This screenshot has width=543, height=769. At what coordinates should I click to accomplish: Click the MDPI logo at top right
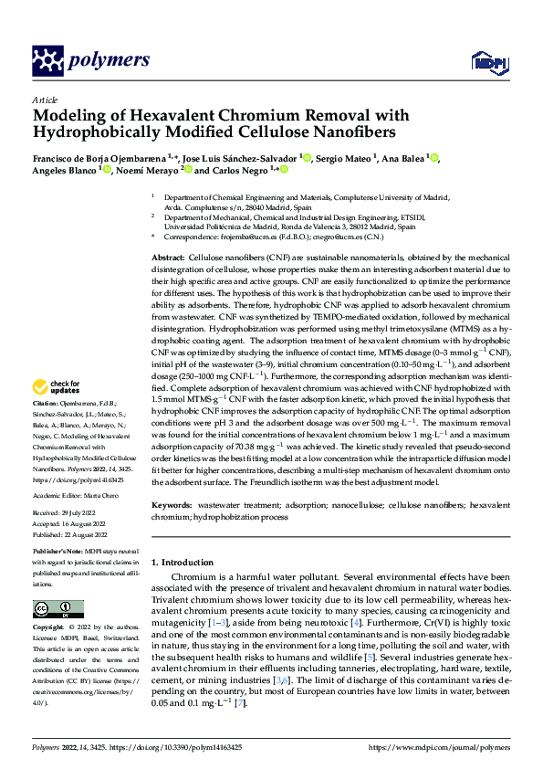pyautogui.click(x=484, y=62)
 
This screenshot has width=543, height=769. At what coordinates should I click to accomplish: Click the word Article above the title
pyautogui.click(x=45, y=100)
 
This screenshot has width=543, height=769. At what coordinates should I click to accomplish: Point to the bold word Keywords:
pyautogui.click(x=172, y=504)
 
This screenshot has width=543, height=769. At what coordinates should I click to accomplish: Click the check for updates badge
pyautogui.click(x=54, y=412)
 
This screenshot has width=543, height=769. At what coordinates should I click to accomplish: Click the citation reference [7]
pyautogui.click(x=240, y=703)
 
